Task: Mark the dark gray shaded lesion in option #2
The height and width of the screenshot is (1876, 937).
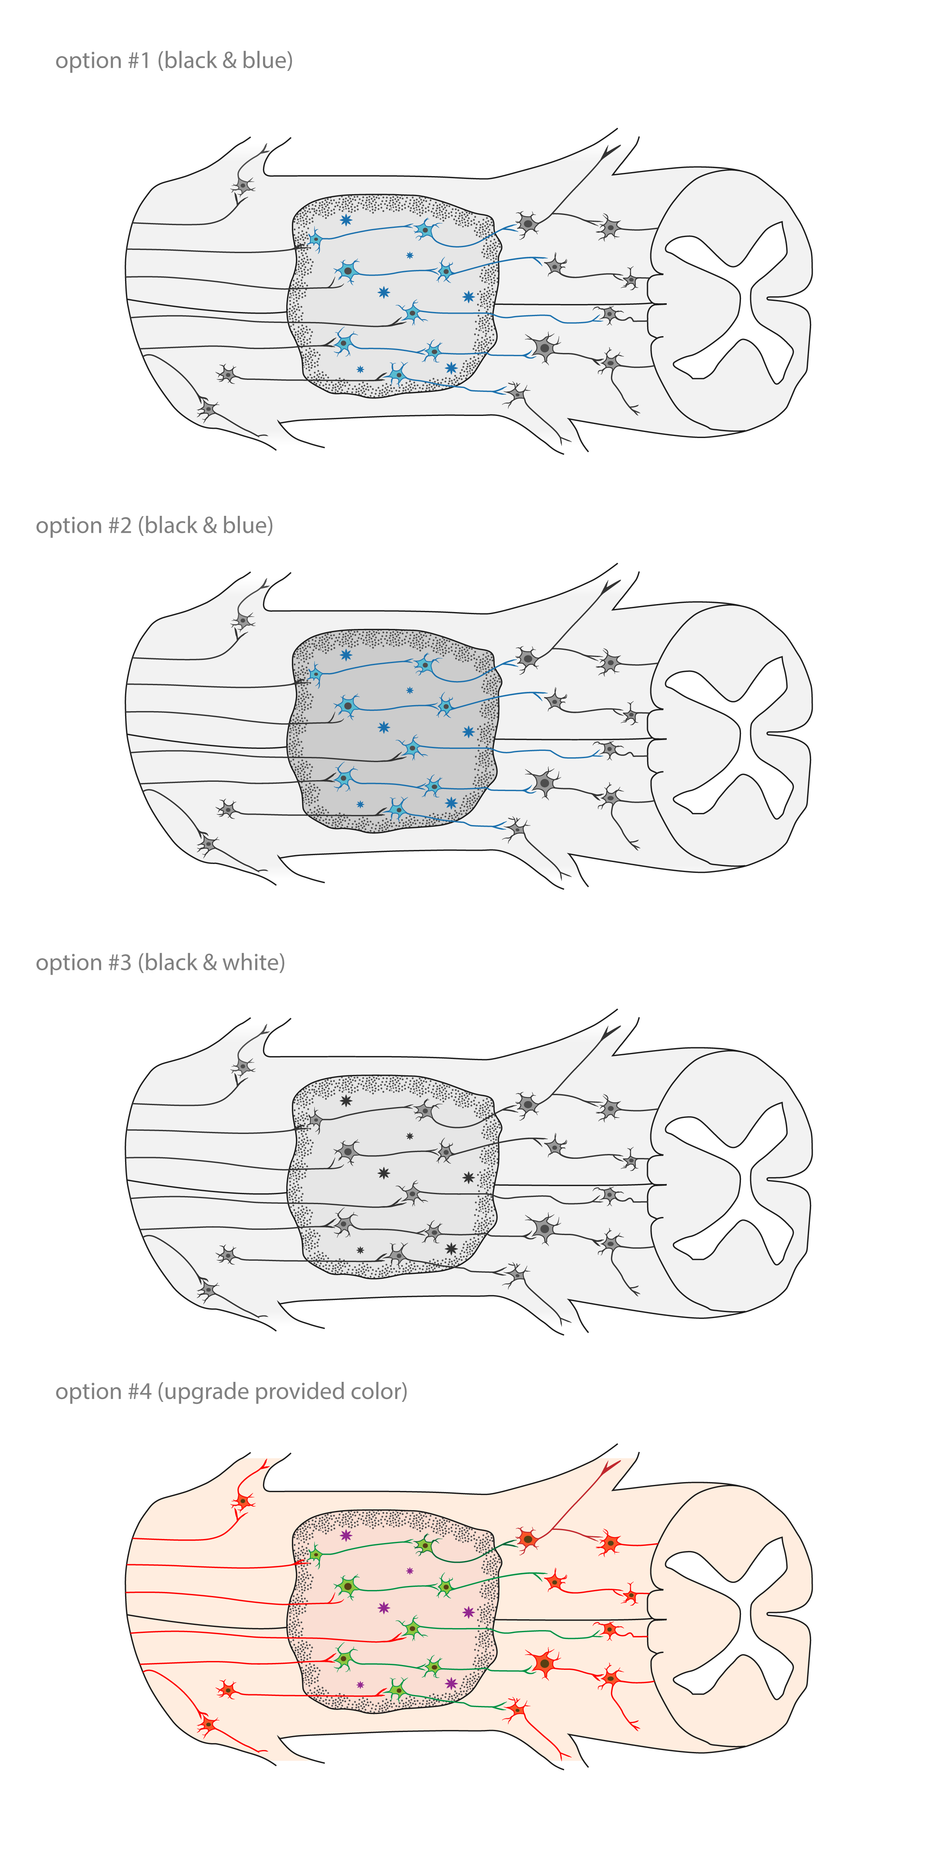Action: tap(393, 730)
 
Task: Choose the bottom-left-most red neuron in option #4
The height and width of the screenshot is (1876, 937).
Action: tap(208, 1724)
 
